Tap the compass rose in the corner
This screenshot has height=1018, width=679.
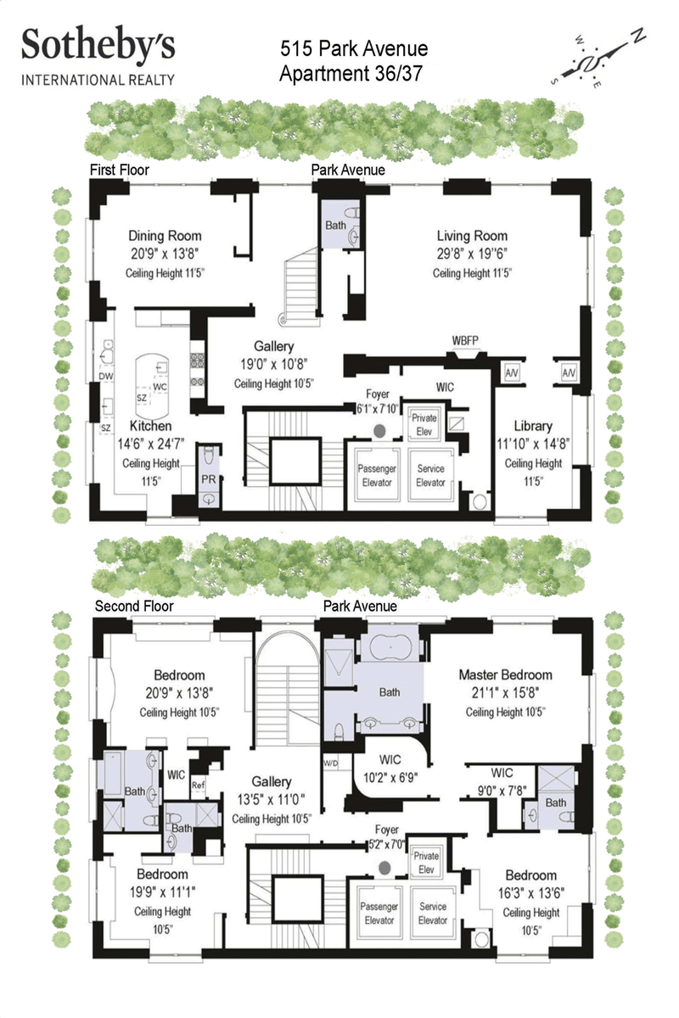[x=597, y=58]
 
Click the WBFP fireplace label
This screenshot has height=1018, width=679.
[x=465, y=340]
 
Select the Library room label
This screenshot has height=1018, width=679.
[x=533, y=426]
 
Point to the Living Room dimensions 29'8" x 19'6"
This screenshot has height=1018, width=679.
[x=472, y=254]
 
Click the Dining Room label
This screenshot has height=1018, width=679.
[x=165, y=236]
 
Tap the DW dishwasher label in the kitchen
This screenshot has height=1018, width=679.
[x=105, y=376]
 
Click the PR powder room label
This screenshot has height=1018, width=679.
[x=208, y=479]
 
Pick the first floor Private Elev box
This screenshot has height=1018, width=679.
[x=424, y=424]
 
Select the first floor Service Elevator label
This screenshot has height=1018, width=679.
[x=430, y=475]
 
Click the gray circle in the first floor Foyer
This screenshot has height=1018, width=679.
[x=379, y=431]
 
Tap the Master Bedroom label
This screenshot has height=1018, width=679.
[x=505, y=674]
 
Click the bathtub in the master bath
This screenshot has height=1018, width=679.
[x=390, y=646]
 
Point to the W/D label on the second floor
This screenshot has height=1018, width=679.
[x=331, y=763]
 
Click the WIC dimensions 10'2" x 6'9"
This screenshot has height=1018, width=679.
[x=390, y=778]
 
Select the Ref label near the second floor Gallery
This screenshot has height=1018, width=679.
[x=198, y=785]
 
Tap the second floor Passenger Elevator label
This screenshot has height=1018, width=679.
[x=379, y=913]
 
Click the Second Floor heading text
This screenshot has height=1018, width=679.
[x=134, y=606]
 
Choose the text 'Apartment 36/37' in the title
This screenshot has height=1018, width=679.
[x=351, y=74]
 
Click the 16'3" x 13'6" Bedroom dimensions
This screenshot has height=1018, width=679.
[x=531, y=893]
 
